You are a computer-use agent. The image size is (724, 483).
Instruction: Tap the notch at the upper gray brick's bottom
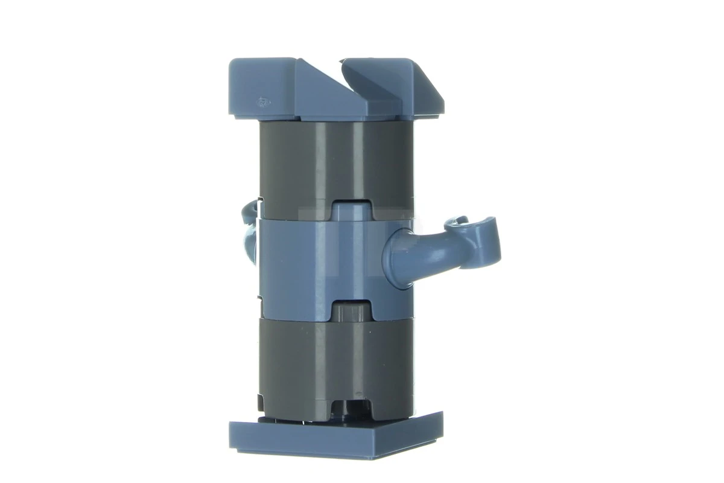[x=352, y=208]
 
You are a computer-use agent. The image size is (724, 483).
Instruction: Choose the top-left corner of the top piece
[x=231, y=62]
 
